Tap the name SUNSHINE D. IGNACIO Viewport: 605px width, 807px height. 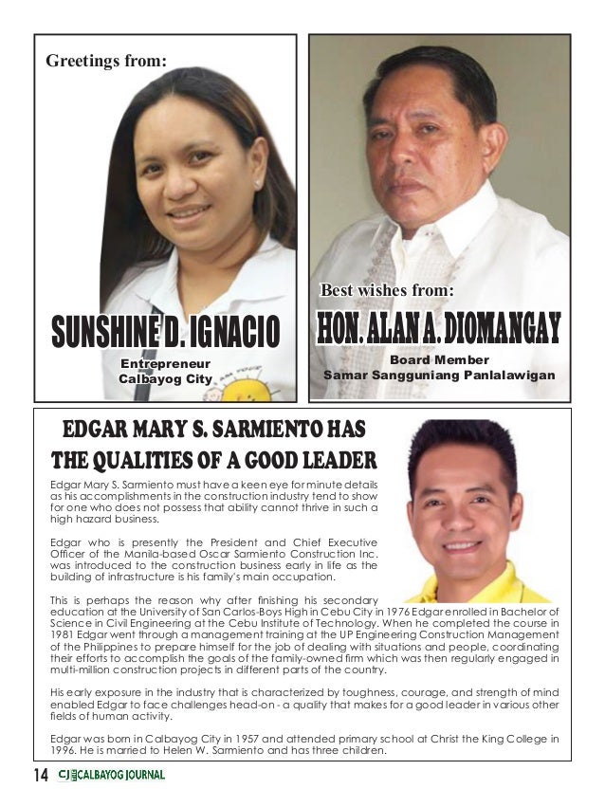click(166, 334)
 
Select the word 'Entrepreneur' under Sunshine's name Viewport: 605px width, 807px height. click(164, 363)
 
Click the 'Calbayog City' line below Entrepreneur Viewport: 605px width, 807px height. click(165, 379)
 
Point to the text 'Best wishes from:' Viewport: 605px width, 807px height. click(387, 288)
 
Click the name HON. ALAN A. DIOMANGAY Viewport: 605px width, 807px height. click(438, 328)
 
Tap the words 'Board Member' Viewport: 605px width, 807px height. click(439, 360)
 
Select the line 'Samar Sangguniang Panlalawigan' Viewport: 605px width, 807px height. click(439, 376)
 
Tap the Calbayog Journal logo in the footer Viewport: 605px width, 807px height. click(112, 775)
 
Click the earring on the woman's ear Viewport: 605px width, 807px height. click(258, 181)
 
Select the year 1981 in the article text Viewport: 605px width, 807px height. click(63, 634)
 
